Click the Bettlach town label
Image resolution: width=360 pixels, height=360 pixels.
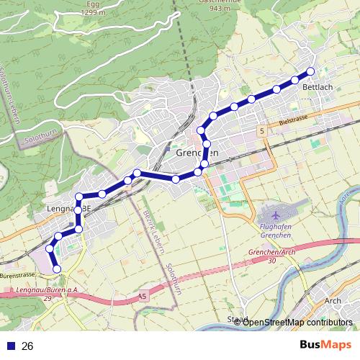318,87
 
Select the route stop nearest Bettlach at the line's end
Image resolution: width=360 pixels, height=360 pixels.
311,71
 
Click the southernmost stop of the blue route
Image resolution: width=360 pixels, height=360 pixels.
57,269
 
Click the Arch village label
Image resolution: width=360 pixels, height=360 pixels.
333,301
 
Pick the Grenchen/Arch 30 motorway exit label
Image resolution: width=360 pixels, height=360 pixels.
271,256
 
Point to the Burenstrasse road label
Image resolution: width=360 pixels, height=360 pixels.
17,275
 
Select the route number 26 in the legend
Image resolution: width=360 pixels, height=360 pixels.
28,346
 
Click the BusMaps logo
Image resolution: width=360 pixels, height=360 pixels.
324,345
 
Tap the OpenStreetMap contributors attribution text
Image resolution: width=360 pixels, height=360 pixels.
297,322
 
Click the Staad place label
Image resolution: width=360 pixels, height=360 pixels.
237,319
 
